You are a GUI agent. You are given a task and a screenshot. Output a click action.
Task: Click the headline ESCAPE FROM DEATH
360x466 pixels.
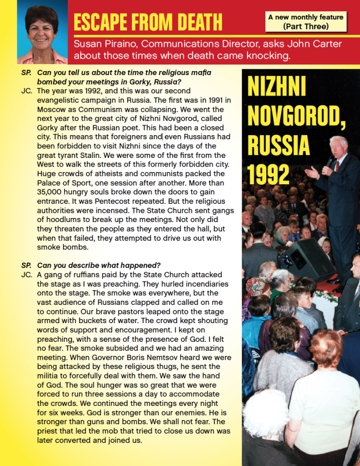[147, 22]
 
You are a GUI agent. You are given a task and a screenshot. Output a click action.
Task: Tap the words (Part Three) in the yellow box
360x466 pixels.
[305, 26]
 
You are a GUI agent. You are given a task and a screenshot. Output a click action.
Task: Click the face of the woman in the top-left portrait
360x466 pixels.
[42, 32]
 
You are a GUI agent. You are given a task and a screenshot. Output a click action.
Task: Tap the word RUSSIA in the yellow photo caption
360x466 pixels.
[279, 146]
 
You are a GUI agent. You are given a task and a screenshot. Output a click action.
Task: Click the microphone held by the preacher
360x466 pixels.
[330, 162]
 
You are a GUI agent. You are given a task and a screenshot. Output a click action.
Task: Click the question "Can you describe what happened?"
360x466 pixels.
[99, 265]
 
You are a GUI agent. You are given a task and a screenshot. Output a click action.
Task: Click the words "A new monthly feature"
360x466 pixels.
[305, 17]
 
